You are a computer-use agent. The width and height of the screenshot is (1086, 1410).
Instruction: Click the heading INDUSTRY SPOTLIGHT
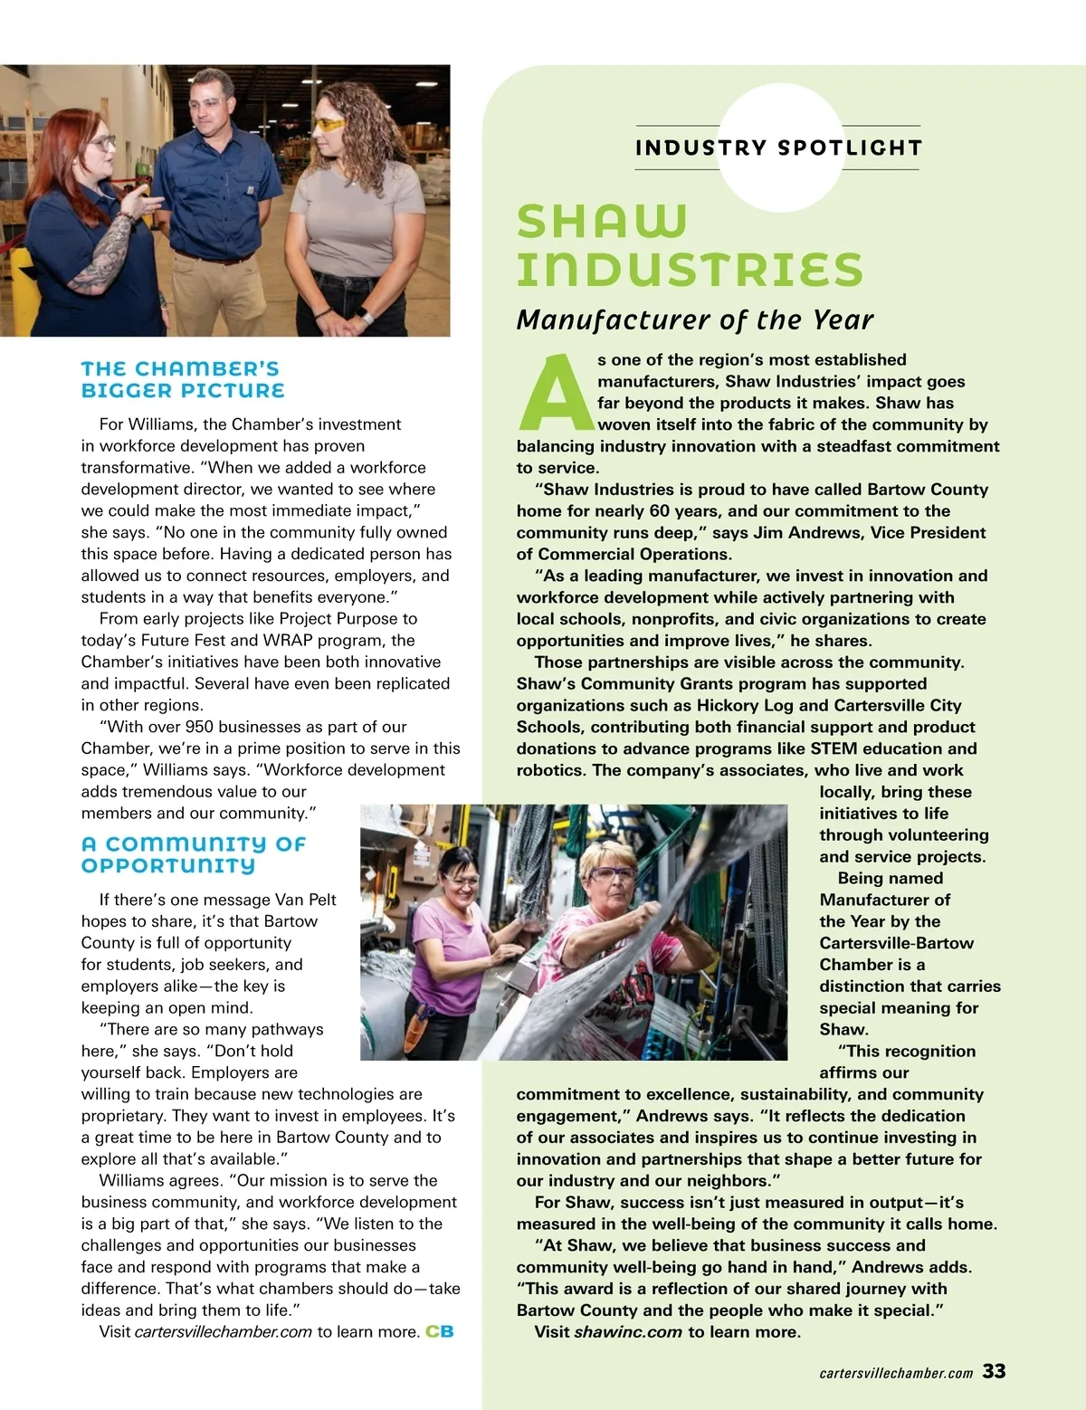pyautogui.click(x=778, y=148)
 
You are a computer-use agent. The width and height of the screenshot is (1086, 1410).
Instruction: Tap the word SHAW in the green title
pyautogui.click(x=602, y=222)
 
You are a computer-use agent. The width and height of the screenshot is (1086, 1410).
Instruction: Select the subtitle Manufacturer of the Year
pyautogui.click(x=694, y=319)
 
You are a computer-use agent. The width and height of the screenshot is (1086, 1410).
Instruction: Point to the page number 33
pyautogui.click(x=994, y=1371)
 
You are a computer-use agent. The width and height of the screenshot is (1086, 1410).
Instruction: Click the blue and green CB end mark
pyautogui.click(x=440, y=1331)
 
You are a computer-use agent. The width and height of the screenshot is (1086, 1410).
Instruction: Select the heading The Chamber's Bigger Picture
pyautogui.click(x=182, y=380)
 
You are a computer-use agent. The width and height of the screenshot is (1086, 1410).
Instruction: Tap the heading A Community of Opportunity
pyautogui.click(x=194, y=854)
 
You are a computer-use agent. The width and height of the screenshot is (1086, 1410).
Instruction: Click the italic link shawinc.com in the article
pyautogui.click(x=627, y=1331)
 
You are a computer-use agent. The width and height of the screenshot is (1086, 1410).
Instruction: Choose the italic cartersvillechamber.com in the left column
pyautogui.click(x=223, y=1331)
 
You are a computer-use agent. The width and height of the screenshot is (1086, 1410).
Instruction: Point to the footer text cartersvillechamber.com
pyautogui.click(x=895, y=1373)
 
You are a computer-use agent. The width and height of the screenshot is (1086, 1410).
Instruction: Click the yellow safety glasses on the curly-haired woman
pyautogui.click(x=329, y=123)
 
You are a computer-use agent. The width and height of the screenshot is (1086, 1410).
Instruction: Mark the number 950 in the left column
pyautogui.click(x=199, y=727)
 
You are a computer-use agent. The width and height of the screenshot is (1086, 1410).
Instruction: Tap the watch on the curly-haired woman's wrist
pyautogui.click(x=367, y=316)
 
